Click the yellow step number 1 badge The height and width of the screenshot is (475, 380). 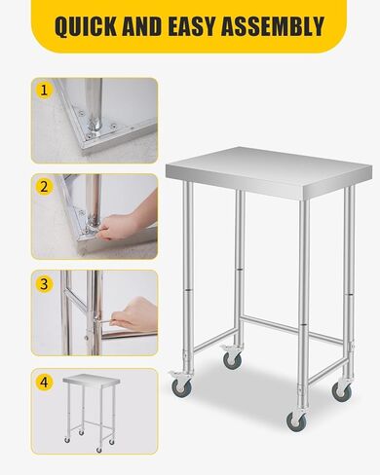tap(43, 91)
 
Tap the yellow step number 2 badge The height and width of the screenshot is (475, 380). tap(43, 186)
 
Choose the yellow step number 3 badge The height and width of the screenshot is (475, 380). tap(43, 284)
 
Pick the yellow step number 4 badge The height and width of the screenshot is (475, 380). tap(43, 381)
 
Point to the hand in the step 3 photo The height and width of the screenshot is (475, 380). tap(133, 313)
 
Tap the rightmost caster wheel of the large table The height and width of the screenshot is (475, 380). tap(341, 390)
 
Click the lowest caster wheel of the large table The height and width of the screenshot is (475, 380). tap(295, 420)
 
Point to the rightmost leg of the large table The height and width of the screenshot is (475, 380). tap(346, 282)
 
